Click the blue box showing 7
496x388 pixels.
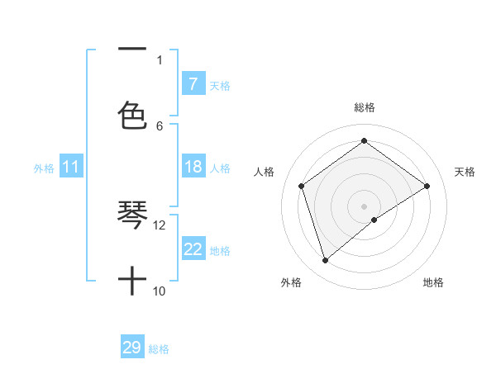click(193, 83)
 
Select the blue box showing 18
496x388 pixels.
click(193, 167)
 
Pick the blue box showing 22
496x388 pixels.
click(193, 249)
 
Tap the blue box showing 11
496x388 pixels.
click(71, 168)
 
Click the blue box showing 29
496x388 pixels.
click(132, 348)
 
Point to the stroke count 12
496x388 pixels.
click(160, 225)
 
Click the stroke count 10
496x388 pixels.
click(160, 291)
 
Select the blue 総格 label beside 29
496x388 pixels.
click(159, 349)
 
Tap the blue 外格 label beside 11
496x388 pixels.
click(44, 168)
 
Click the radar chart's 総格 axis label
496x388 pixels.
click(365, 107)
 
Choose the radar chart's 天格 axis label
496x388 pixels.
click(465, 172)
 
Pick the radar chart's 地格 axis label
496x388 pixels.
click(433, 282)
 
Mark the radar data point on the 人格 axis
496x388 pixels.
click(302, 186)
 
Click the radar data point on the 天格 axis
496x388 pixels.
click(427, 186)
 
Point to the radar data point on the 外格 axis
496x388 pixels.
click(326, 261)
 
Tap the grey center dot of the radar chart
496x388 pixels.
click(365, 206)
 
